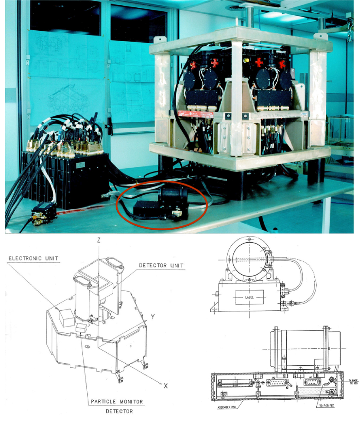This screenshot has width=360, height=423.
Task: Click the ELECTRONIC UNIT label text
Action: click(33, 259)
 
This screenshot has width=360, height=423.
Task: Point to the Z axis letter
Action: click(99, 239)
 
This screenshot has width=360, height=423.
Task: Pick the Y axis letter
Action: click(152, 316)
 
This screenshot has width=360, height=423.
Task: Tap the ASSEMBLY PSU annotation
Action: click(225, 407)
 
